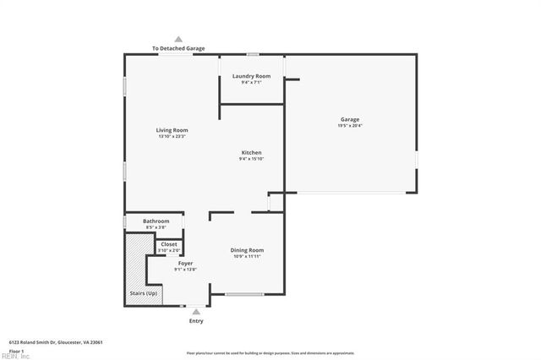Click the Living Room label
click(171, 130)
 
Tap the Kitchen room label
click(251, 152)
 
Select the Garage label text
click(350, 119)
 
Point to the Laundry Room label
click(251, 76)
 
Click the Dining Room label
click(248, 250)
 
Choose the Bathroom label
click(156, 221)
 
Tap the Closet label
click(169, 244)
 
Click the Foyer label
click(185, 264)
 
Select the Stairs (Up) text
click(143, 293)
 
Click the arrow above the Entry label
click(196, 312)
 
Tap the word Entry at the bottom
click(196, 321)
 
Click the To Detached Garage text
click(178, 49)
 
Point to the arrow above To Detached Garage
click(178, 39)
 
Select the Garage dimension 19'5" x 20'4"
click(350, 126)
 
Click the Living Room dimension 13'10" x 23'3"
click(171, 136)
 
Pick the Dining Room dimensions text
click(248, 256)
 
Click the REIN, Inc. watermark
click(15, 356)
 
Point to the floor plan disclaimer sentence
click(270, 352)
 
